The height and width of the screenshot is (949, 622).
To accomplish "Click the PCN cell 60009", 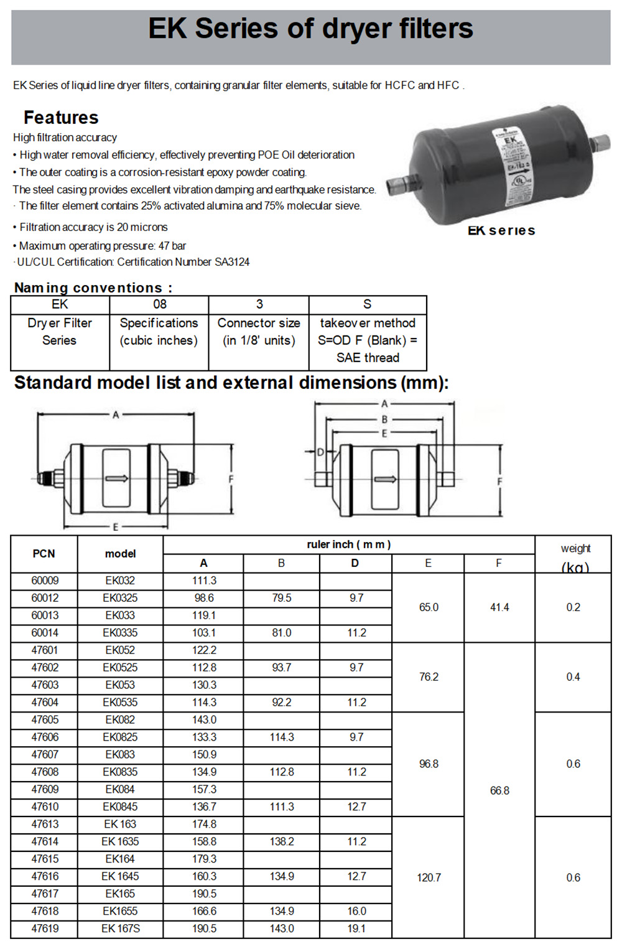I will (x=45, y=581).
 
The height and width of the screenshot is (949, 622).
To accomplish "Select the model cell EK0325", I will (x=120, y=598).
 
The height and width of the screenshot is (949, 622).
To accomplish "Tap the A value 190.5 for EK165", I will (x=204, y=894).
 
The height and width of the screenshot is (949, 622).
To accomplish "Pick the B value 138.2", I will (x=282, y=841).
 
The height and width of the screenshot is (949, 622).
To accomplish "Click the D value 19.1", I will (x=356, y=928).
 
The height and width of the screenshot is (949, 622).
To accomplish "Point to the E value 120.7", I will (x=429, y=877).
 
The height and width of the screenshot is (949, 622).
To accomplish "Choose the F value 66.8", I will (x=499, y=790).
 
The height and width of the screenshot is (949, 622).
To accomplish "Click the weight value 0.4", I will (x=573, y=677).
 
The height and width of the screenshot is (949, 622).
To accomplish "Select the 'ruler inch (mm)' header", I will (x=348, y=545).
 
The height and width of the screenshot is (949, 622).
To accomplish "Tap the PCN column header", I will (x=44, y=554).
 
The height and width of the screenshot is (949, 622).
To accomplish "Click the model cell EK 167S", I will (x=120, y=928).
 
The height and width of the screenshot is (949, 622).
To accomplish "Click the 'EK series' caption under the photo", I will (x=501, y=231).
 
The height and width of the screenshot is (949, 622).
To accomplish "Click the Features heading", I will (x=61, y=118).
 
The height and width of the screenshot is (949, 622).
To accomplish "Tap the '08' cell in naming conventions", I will (x=160, y=304).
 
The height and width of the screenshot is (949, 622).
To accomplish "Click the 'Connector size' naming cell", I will (x=259, y=332).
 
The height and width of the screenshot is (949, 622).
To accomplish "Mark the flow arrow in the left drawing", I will (x=116, y=479).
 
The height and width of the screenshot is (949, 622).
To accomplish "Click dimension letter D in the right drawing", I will (x=321, y=452).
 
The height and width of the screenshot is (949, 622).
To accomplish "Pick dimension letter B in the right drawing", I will (x=384, y=419).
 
